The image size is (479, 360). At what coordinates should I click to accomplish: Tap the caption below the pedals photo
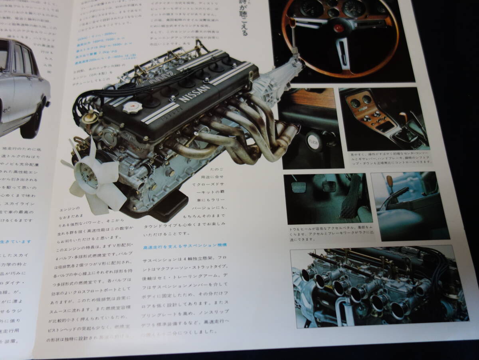coord(328,234)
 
